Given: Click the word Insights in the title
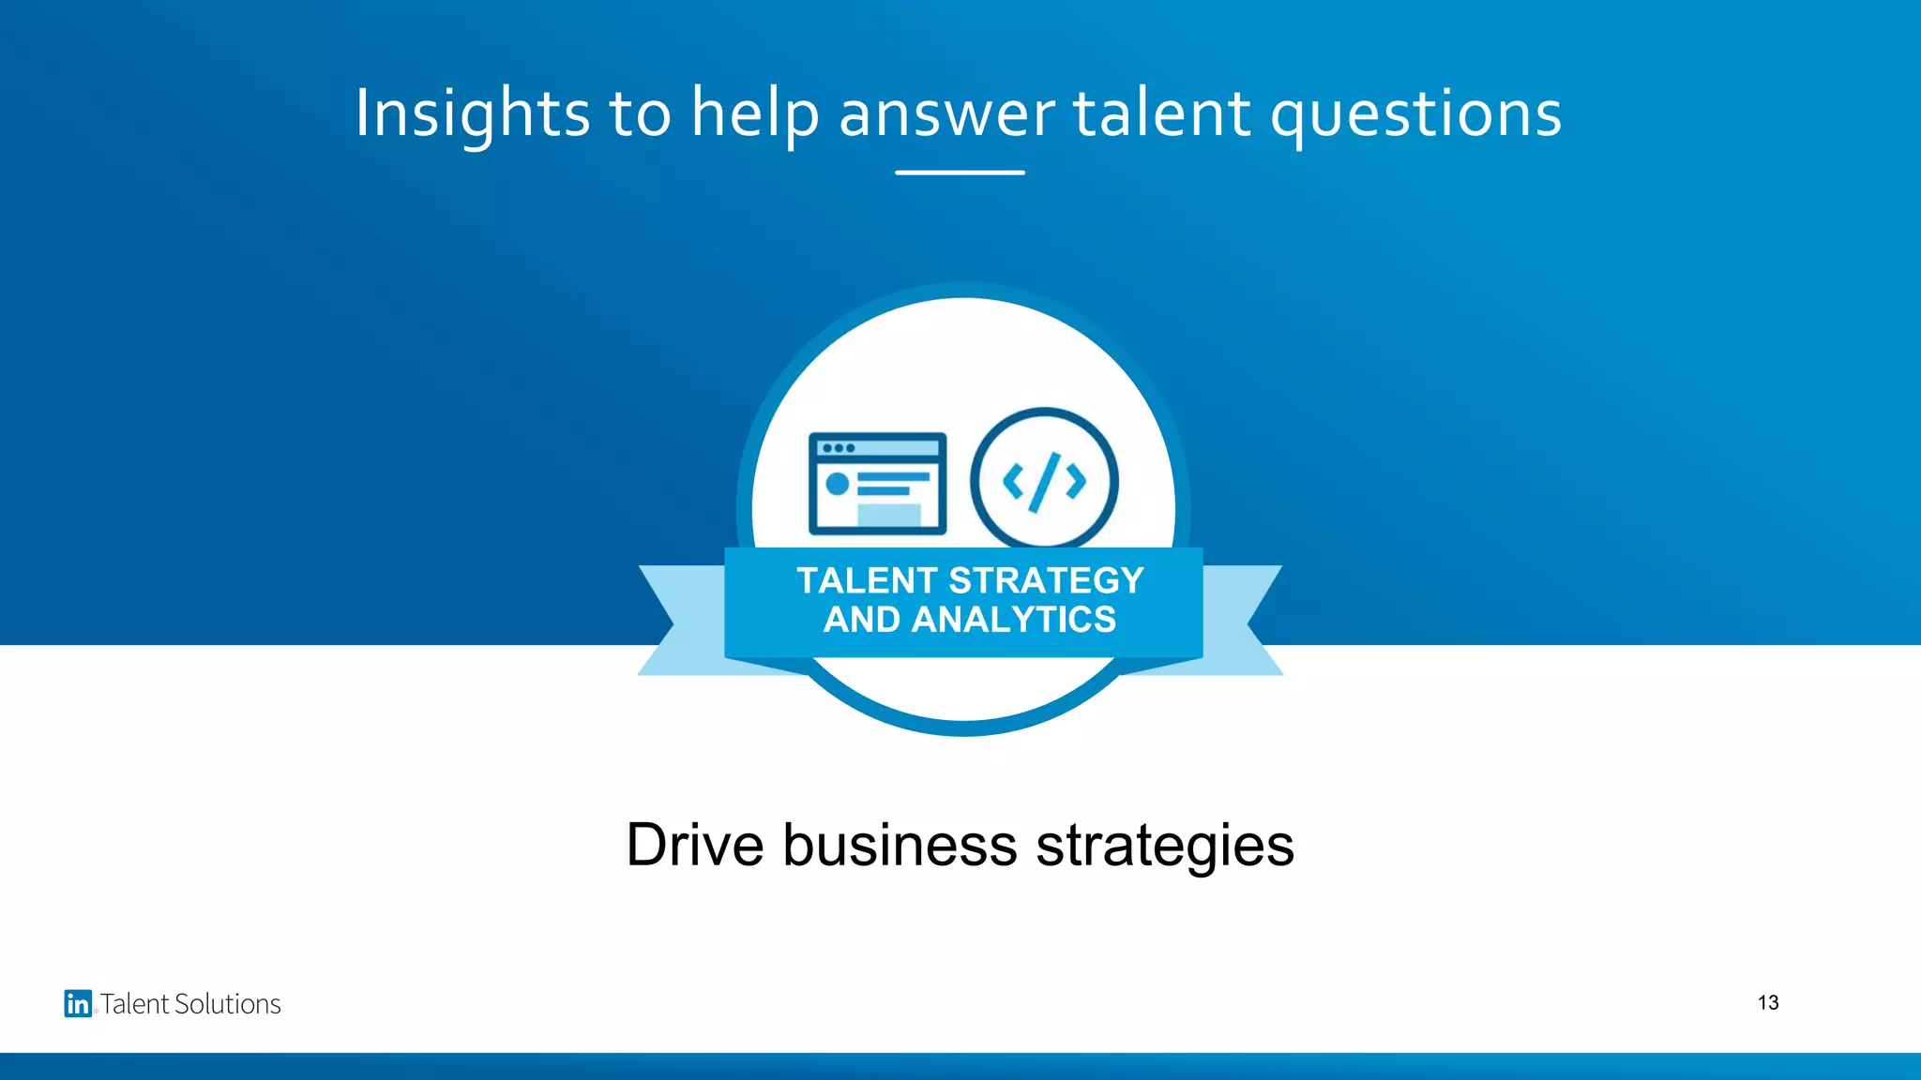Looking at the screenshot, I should [x=473, y=114].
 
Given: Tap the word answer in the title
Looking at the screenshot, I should [x=946, y=114].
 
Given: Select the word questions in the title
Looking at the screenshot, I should [x=1415, y=114].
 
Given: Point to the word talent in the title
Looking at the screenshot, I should [x=1161, y=114].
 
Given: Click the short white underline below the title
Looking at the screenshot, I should [x=960, y=172].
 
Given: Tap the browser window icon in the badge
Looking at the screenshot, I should [x=877, y=483].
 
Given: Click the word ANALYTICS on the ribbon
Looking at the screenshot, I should [x=1014, y=620].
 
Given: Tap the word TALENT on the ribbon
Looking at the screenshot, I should [x=867, y=581].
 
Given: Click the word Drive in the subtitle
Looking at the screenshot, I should [x=694, y=845].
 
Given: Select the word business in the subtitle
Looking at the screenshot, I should [x=900, y=845].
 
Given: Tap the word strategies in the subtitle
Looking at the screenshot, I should [x=1165, y=845].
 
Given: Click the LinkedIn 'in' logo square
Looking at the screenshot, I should [x=78, y=1003].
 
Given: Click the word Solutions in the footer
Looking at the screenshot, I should [x=230, y=1004].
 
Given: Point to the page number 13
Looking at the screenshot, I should [x=1768, y=1003].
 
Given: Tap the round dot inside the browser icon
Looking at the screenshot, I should [x=837, y=484].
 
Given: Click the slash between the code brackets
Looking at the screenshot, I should [x=1044, y=482].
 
